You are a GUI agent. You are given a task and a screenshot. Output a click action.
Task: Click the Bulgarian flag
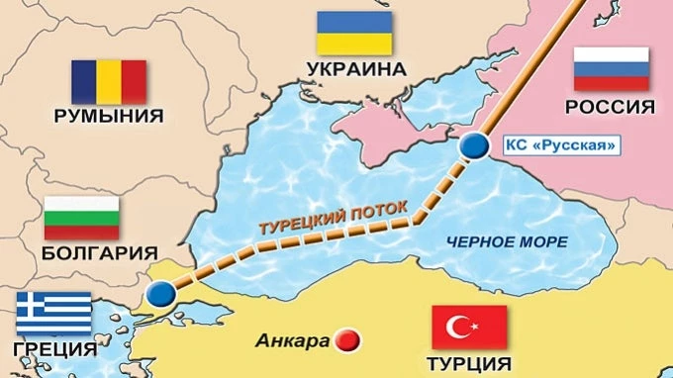(x=82, y=217)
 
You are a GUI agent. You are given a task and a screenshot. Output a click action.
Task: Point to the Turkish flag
(x=469, y=327)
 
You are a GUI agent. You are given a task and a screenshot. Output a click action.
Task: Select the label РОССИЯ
(x=611, y=107)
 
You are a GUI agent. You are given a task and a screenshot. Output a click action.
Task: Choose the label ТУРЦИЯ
(x=470, y=363)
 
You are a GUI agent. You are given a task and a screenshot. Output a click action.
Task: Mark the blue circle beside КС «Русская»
(x=477, y=145)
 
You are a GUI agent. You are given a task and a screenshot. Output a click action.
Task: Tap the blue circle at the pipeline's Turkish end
(x=159, y=294)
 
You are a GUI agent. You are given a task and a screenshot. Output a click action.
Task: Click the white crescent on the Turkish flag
(x=460, y=327)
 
